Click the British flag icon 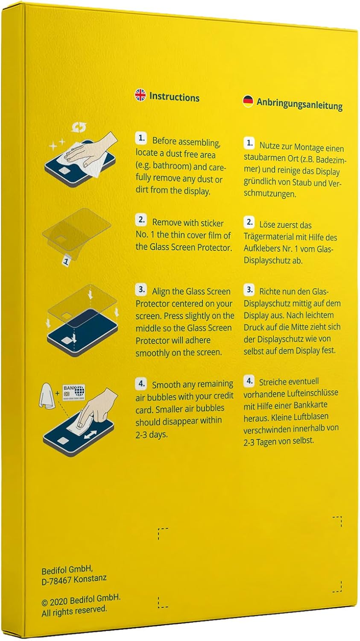(140, 95)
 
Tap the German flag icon (248, 101)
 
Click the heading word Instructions (174, 97)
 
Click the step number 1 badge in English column (141, 138)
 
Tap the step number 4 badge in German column (249, 381)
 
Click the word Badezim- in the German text (331, 160)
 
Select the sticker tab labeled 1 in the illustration (66, 261)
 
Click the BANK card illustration (74, 392)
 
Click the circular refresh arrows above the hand (79, 127)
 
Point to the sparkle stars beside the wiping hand (57, 144)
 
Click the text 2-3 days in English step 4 (152, 435)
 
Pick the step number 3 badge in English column (141, 289)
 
